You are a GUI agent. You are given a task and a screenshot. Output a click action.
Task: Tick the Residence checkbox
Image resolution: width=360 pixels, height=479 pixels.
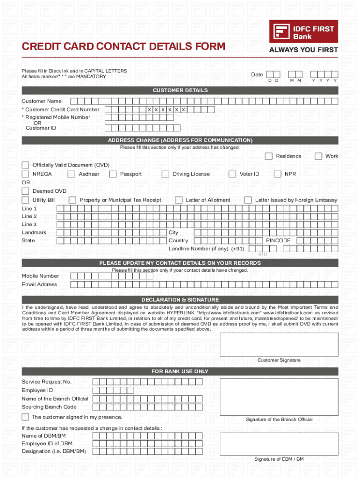click(x=269, y=156)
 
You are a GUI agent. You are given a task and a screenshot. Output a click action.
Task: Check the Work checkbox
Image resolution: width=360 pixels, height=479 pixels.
click(x=318, y=156)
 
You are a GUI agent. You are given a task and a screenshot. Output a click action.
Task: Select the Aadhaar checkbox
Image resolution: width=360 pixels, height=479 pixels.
click(x=72, y=174)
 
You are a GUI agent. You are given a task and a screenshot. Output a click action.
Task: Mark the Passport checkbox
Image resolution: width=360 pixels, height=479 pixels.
click(x=113, y=174)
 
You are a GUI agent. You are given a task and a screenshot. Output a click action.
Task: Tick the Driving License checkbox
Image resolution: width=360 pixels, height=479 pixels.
click(x=165, y=174)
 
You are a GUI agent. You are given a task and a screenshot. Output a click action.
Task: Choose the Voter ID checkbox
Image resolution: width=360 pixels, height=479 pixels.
click(x=232, y=174)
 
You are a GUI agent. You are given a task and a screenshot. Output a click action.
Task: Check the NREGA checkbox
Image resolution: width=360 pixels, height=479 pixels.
click(x=25, y=174)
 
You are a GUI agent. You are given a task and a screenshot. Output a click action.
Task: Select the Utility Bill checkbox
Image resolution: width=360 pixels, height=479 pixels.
click(x=25, y=200)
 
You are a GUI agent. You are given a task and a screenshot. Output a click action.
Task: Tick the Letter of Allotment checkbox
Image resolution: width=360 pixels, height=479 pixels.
click(x=179, y=200)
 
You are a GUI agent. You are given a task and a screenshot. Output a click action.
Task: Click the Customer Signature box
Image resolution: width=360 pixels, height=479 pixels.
click(x=279, y=344)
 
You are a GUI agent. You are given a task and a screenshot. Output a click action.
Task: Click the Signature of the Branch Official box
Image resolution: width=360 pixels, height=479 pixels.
click(x=279, y=396)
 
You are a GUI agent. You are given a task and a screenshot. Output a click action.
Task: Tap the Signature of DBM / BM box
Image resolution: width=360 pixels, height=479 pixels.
click(x=279, y=443)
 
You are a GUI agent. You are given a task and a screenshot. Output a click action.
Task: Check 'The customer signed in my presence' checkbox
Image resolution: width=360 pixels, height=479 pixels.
click(x=25, y=417)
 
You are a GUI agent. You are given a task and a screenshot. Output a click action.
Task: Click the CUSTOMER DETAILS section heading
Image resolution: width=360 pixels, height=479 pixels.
click(x=180, y=90)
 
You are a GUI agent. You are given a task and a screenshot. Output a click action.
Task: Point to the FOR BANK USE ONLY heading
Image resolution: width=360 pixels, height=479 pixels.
click(x=180, y=371)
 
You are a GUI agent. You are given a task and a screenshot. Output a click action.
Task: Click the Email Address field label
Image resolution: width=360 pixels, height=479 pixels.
click(x=39, y=284)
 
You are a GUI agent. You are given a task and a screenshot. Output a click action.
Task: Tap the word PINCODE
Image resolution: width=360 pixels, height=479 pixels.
click(x=278, y=240)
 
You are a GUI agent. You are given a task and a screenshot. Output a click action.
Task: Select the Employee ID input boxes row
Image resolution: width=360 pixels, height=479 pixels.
click(x=113, y=390)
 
